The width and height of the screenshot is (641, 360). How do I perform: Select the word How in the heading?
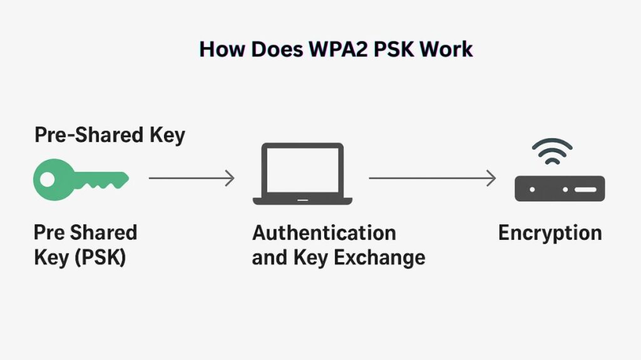click(220, 49)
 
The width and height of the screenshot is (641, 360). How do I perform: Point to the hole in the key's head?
click(48, 179)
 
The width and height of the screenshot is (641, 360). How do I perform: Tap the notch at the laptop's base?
click(302, 200)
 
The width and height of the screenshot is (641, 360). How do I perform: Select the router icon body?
click(560, 188)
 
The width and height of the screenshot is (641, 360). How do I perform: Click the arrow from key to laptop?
click(191, 178)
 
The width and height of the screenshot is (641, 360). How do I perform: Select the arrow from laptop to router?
click(432, 178)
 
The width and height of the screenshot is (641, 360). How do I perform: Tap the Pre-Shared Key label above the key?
click(110, 135)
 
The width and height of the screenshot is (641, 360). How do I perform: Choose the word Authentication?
click(324, 233)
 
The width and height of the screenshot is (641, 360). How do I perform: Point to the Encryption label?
click(550, 233)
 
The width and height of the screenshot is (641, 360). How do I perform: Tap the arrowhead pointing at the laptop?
click(230, 178)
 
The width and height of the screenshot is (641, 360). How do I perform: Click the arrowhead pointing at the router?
click(491, 178)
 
